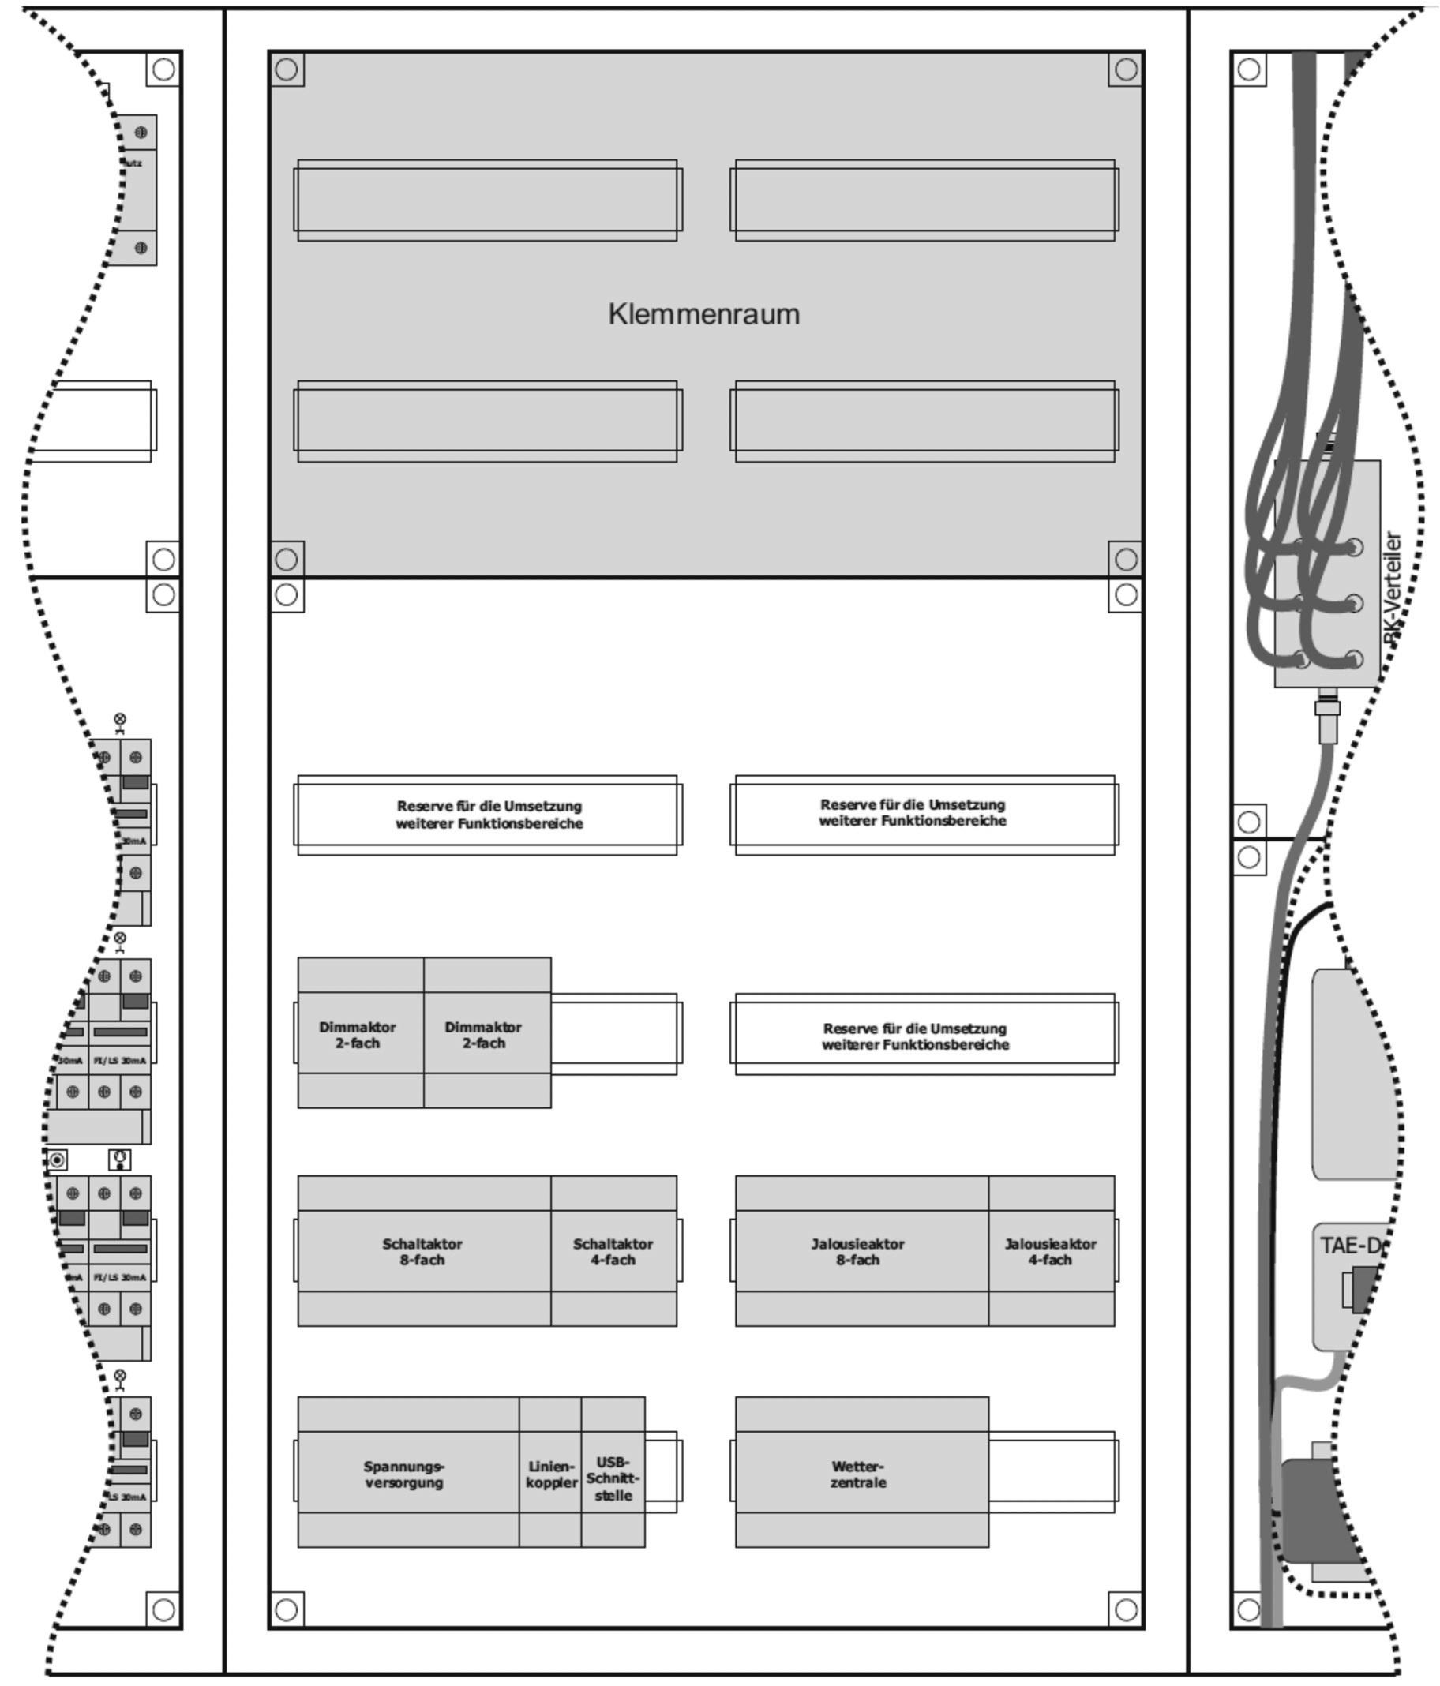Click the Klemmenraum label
click(x=703, y=314)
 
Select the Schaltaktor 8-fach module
click(x=423, y=1252)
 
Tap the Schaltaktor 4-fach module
click(x=613, y=1252)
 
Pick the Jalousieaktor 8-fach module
click(x=859, y=1252)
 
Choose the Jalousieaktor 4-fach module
click(x=1050, y=1252)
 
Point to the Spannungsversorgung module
click(x=405, y=1474)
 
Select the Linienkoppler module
click(x=550, y=1474)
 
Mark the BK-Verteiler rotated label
click(x=1393, y=587)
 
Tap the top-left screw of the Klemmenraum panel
click(x=287, y=69)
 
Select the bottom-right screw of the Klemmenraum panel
click(x=1126, y=559)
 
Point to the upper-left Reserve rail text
click(x=489, y=815)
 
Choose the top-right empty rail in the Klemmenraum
click(x=924, y=200)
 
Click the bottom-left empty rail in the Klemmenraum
click(x=487, y=421)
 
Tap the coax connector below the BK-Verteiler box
click(x=1327, y=716)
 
